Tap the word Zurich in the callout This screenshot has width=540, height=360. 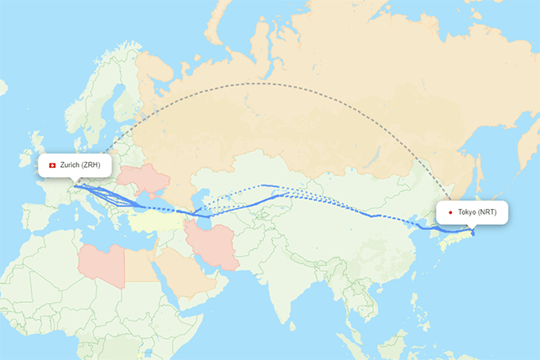point(70,165)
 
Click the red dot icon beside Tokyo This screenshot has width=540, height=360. point(451,212)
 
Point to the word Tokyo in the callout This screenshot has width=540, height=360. point(467,212)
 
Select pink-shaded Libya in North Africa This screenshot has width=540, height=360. point(101,261)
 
